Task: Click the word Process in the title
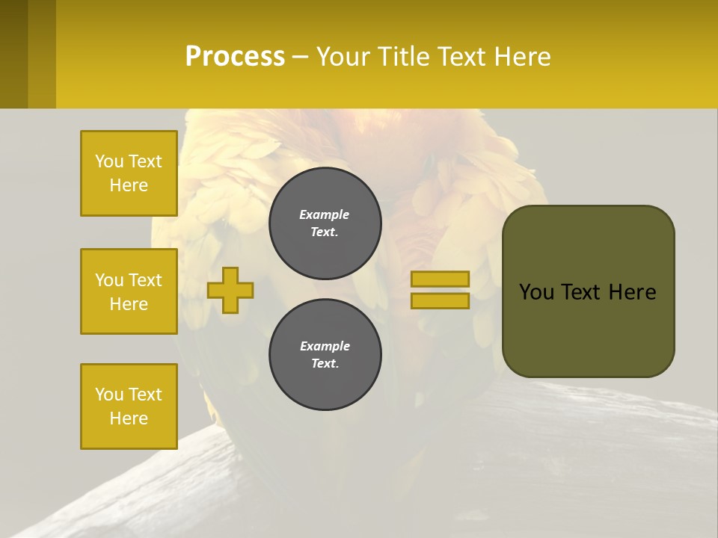click(x=235, y=57)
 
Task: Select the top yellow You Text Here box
click(x=129, y=173)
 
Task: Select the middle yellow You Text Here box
click(x=129, y=291)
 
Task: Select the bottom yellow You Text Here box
click(x=129, y=406)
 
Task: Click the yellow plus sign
click(x=230, y=290)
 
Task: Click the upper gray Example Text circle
click(x=325, y=223)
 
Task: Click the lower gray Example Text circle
click(x=325, y=355)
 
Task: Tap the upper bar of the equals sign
click(x=440, y=279)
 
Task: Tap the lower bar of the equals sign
click(x=440, y=301)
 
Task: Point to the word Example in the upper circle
click(x=324, y=214)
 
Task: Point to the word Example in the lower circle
click(x=325, y=346)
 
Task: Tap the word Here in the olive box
click(x=632, y=292)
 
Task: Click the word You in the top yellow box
click(x=109, y=161)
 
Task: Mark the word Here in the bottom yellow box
click(x=129, y=418)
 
